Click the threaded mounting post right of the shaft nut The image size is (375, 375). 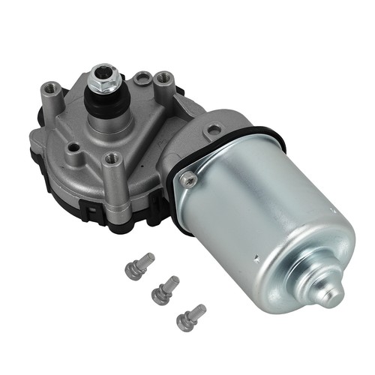(161, 77)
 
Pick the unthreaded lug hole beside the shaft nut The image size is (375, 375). (140, 76)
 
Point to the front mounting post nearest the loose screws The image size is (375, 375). (112, 158)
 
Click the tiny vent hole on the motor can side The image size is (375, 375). (256, 260)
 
